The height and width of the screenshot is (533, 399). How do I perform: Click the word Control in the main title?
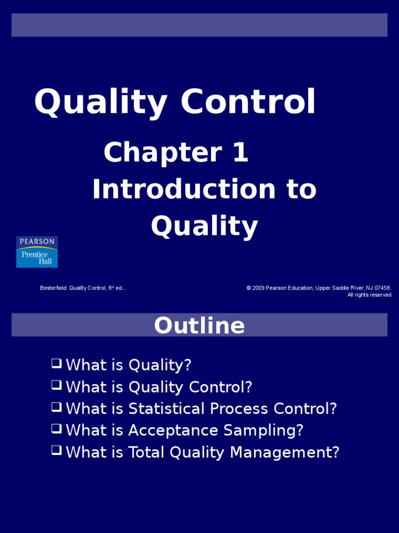248,102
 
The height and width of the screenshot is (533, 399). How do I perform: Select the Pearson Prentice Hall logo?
37,252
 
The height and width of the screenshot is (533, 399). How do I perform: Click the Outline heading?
199,325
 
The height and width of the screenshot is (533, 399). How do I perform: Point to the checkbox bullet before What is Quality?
56,363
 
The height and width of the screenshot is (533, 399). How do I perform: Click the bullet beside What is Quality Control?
56,385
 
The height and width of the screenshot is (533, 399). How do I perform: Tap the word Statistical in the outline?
161,409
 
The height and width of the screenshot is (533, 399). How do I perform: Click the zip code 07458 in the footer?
382,288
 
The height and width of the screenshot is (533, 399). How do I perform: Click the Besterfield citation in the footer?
82,288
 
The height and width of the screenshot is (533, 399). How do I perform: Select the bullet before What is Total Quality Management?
56,451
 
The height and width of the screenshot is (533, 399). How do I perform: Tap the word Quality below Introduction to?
204,226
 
